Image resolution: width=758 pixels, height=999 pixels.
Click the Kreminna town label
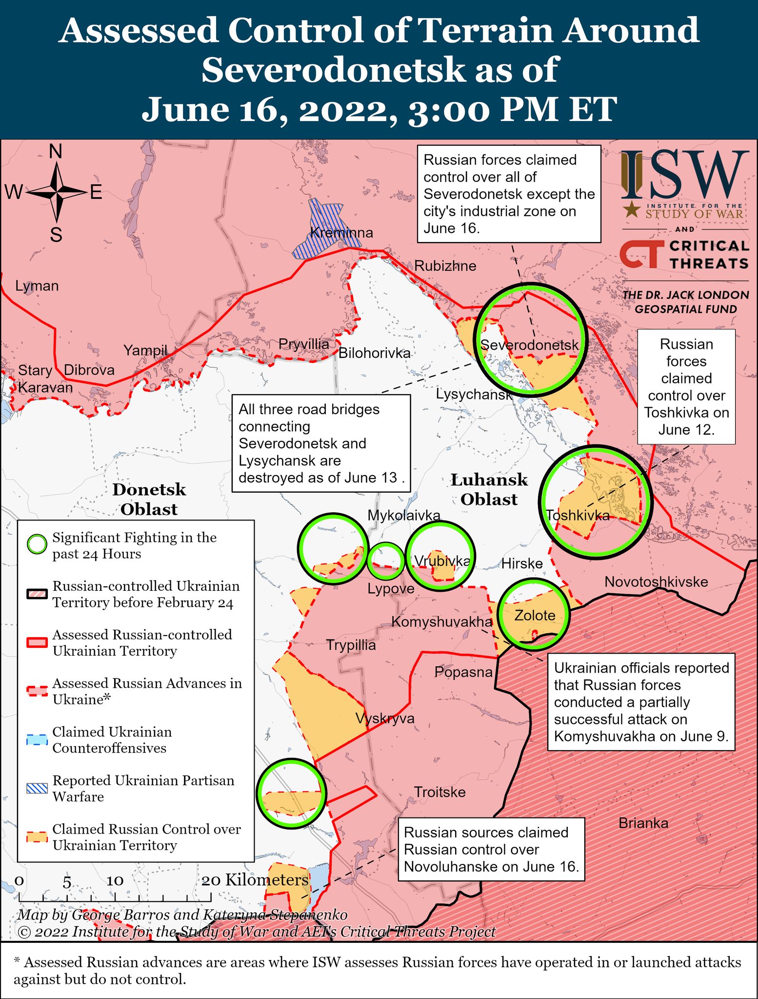point(341,233)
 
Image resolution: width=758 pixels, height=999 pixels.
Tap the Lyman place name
point(37,286)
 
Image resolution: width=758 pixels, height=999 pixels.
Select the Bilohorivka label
point(374,353)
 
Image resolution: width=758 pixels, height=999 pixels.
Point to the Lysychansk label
point(474,394)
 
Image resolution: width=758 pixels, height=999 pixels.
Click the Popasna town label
point(463,672)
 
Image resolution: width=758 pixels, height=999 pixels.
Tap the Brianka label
point(643,823)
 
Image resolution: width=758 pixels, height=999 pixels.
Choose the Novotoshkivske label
point(656,582)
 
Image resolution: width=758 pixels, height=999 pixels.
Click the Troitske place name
point(439,792)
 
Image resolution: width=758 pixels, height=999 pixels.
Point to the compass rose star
point(57,193)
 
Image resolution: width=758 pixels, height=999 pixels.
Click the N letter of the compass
point(56,152)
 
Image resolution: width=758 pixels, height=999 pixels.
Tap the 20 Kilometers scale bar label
point(255,880)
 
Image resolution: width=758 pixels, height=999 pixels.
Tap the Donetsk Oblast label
point(149,499)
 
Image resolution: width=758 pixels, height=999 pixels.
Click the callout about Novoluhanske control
point(491,849)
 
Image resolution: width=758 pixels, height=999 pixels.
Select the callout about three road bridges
point(320,443)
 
